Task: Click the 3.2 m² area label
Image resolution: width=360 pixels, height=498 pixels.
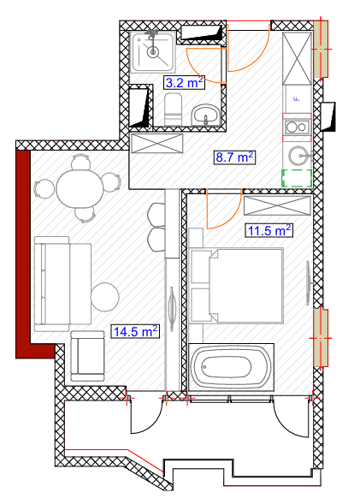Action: (x=184, y=83)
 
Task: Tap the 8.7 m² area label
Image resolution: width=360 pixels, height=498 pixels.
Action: (x=234, y=157)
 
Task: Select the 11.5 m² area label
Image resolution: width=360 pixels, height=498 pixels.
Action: (x=269, y=230)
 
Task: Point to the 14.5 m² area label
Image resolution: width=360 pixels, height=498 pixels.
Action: (x=135, y=332)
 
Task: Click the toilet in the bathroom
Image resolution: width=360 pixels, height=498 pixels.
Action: (x=174, y=109)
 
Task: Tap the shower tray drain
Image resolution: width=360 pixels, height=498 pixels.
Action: (x=153, y=52)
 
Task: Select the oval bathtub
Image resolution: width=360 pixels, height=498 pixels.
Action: (x=232, y=367)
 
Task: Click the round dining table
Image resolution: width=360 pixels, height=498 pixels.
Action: (x=80, y=188)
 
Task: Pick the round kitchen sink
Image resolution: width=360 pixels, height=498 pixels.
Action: (x=298, y=156)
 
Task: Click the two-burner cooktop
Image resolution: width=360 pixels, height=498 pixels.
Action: (x=297, y=127)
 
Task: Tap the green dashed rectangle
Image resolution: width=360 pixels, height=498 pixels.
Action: (x=297, y=178)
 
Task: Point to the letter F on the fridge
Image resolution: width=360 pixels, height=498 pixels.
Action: (x=298, y=99)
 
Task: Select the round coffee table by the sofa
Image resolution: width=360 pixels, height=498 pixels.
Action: (x=105, y=297)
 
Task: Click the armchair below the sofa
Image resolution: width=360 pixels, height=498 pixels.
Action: (x=87, y=356)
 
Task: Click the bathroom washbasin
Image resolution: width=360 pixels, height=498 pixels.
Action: (x=205, y=115)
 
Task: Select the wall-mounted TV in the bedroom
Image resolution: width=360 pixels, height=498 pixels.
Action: (x=308, y=283)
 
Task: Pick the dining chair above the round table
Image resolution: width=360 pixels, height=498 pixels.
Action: (x=81, y=162)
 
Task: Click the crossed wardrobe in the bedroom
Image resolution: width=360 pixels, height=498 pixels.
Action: (x=277, y=206)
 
